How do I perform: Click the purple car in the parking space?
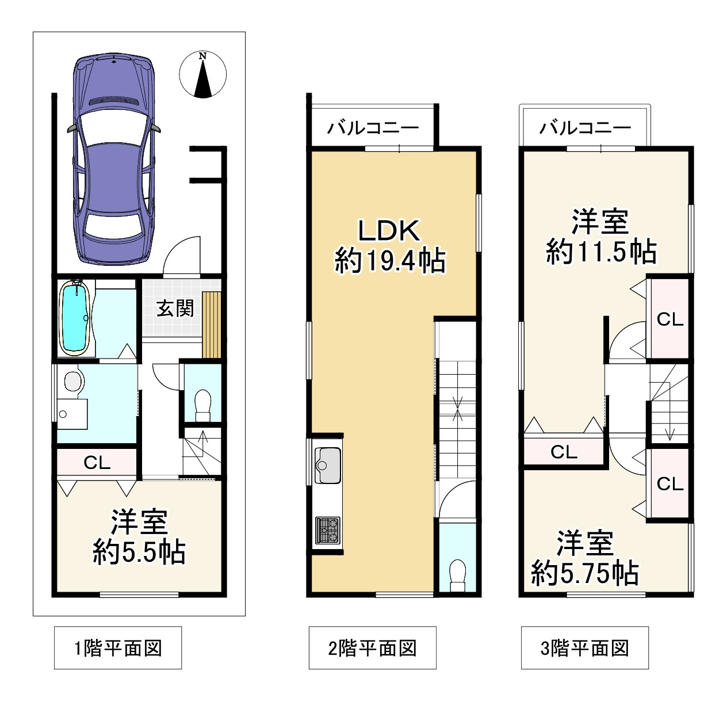coord(114,159)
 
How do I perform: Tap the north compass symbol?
coord(203,74)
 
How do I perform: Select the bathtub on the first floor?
coord(75,318)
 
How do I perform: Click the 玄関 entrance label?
coord(175,309)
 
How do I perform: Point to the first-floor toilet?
coord(203,405)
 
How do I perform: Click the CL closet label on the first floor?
coord(97,463)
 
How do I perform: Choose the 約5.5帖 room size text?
coord(139,552)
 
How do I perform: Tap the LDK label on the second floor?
coord(389,231)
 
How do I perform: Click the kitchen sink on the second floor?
coord(328,465)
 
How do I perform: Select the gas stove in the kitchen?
coord(328,529)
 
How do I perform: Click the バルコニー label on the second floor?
coord(373,128)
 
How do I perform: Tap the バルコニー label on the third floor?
coord(585,128)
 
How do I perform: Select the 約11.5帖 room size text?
coord(602,252)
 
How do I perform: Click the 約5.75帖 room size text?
coord(585,573)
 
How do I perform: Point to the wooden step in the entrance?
coord(212,325)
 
